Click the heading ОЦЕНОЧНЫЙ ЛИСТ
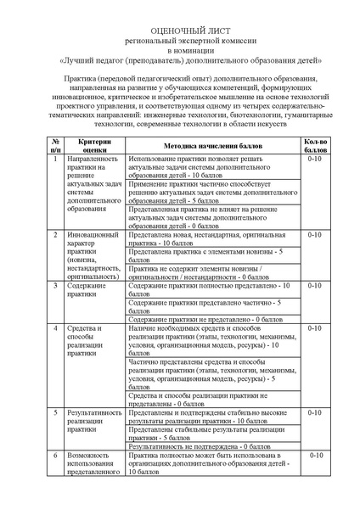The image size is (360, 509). coord(179,27)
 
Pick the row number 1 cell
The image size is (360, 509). coord(55,159)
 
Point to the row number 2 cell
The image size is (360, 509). coord(55,233)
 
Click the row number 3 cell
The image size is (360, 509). coord(55,287)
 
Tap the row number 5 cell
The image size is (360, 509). coord(55,412)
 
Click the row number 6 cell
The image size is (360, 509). coord(55,456)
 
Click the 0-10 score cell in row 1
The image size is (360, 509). coord(314,159)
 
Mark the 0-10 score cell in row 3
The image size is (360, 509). coord(314,287)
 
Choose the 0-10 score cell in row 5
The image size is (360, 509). coord(314,412)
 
